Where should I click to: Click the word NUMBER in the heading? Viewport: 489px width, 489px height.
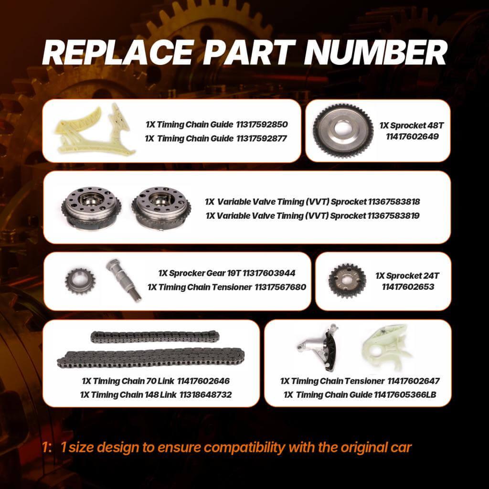click(375, 53)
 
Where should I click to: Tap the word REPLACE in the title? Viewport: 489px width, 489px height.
click(118, 53)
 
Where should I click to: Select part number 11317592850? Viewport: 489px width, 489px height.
click(262, 125)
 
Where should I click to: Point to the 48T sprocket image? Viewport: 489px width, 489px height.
click(343, 131)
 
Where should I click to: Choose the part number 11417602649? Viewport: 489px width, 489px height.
click(412, 137)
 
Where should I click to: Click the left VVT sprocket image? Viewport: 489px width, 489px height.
click(91, 208)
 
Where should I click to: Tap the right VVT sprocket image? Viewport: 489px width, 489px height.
click(161, 209)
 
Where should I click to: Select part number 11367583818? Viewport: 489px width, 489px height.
click(394, 202)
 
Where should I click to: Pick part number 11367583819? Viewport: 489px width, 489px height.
click(393, 215)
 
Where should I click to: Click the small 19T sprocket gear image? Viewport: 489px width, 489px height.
click(80, 281)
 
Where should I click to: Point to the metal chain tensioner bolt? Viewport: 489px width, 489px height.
click(124, 280)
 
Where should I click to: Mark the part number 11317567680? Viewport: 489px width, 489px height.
click(280, 287)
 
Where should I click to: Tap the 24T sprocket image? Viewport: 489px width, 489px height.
click(347, 281)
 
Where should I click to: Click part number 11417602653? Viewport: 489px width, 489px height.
click(408, 287)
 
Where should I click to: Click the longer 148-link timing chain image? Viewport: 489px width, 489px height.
click(150, 358)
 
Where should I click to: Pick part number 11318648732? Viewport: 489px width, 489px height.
click(205, 395)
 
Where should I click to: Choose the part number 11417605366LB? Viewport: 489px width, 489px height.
click(405, 395)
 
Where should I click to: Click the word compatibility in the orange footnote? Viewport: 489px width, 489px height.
click(244, 448)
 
